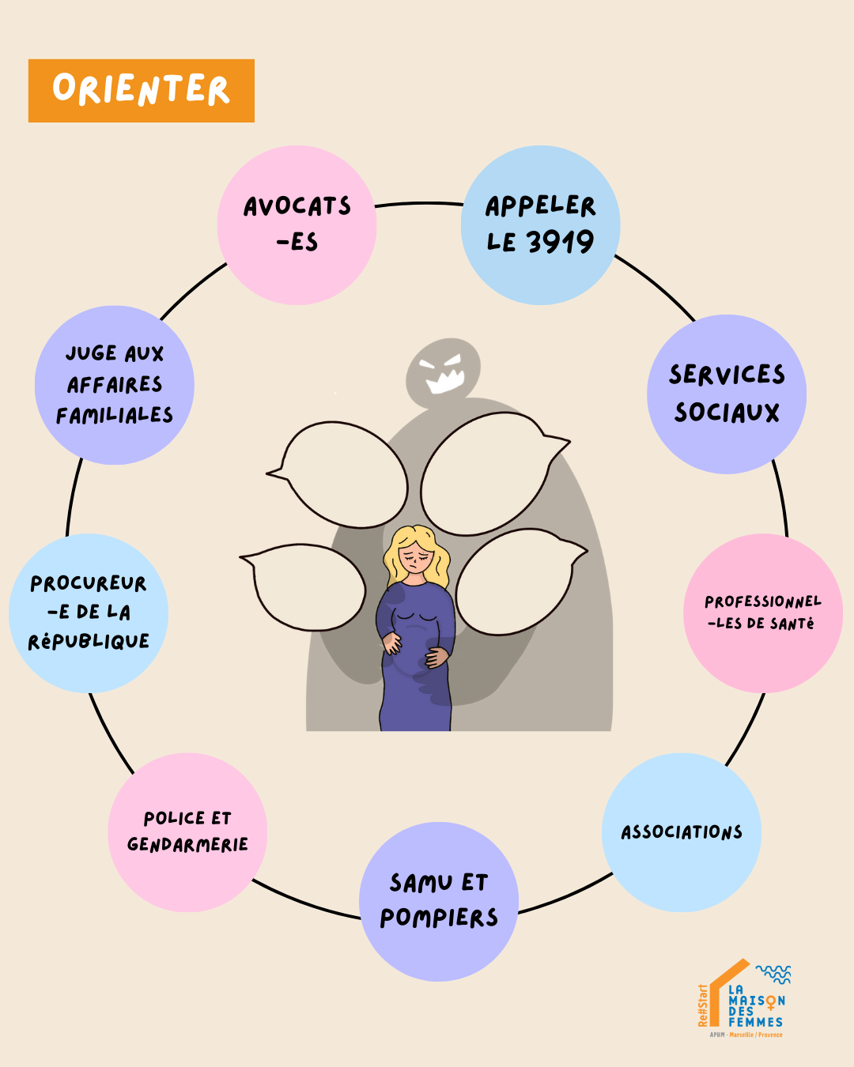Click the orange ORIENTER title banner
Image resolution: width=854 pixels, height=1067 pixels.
click(141, 90)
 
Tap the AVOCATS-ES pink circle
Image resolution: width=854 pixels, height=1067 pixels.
click(297, 224)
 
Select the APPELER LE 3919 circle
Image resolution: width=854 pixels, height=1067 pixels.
click(540, 224)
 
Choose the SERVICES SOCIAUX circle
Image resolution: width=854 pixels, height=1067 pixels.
click(727, 394)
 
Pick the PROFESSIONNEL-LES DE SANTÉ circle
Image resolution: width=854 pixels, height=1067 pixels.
click(762, 613)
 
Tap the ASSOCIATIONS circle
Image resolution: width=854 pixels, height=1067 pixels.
click(681, 832)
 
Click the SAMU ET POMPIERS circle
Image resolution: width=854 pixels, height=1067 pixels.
click(439, 901)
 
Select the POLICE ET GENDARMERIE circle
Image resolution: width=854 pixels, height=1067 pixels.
click(187, 832)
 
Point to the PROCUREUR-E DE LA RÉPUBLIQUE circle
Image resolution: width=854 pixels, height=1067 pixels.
click(89, 613)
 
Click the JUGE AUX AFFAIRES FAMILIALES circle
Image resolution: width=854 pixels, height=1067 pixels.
click(115, 385)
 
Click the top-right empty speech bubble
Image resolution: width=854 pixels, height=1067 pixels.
click(486, 474)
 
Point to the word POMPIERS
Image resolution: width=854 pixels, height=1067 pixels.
click(439, 918)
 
